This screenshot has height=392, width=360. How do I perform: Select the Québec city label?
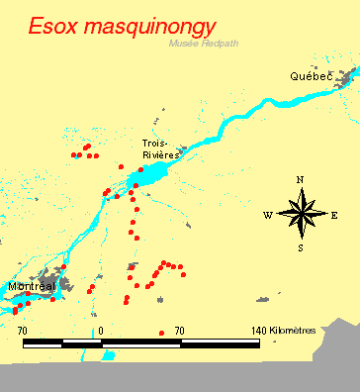pyautogui.click(x=310, y=76)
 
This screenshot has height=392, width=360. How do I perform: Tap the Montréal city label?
pyautogui.click(x=29, y=287)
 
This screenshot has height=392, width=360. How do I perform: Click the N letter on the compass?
pyautogui.click(x=301, y=180)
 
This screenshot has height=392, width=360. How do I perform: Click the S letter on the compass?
pyautogui.click(x=301, y=247)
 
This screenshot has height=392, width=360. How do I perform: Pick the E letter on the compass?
pyautogui.click(x=334, y=214)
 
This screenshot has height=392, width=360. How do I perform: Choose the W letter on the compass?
pyautogui.click(x=267, y=214)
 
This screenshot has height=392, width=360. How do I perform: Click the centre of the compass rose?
pyautogui.click(x=301, y=213)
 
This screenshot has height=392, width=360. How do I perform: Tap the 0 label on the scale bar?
pyautogui.click(x=101, y=330)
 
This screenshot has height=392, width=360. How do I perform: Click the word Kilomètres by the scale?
pyautogui.click(x=295, y=330)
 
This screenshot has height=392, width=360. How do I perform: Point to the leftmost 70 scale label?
pyautogui.click(x=22, y=330)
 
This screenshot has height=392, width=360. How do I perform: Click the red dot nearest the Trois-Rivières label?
pyautogui.click(x=140, y=169)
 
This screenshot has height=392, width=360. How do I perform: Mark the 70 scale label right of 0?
pyautogui.click(x=179, y=330)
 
